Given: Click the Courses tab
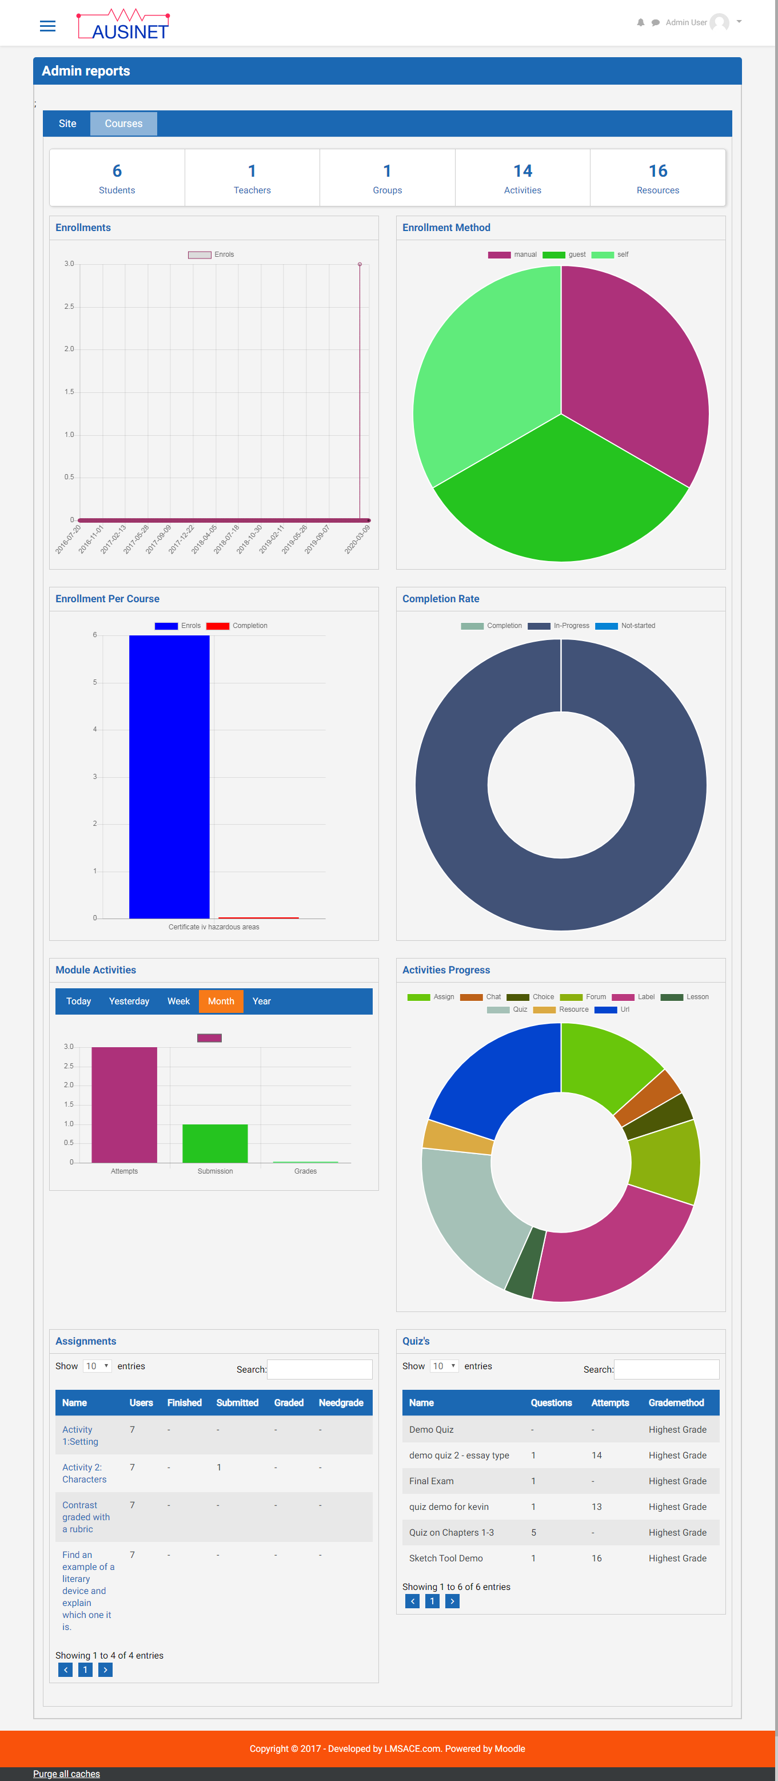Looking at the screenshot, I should click(123, 124).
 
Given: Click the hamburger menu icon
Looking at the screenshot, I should click(47, 26).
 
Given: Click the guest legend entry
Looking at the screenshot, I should click(565, 255).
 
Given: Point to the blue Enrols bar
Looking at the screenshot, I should click(169, 774).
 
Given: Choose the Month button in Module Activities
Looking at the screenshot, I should click(221, 1001).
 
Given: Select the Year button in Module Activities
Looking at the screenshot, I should click(261, 1001).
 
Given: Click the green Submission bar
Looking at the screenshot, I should click(215, 1143).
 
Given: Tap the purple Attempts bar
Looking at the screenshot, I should click(125, 1104).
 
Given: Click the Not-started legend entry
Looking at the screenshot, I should click(625, 626).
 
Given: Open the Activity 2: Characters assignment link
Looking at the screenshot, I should click(83, 1473).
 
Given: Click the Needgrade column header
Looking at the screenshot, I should click(341, 1403).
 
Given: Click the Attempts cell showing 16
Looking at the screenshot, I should click(596, 1559).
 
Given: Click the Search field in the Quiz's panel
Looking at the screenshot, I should click(666, 1369).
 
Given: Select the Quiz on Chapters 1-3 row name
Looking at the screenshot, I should click(451, 1533).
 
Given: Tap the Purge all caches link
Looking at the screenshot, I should click(66, 1774).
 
